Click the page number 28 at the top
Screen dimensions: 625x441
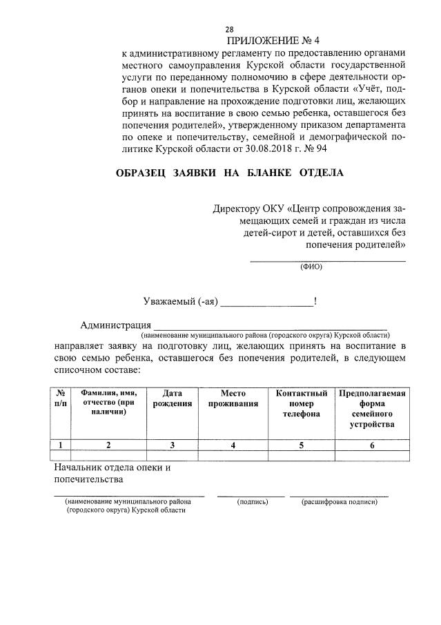click(x=230, y=30)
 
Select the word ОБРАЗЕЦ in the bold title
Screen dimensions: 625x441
click(x=141, y=173)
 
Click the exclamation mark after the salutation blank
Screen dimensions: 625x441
click(x=315, y=300)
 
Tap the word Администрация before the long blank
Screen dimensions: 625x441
click(x=115, y=326)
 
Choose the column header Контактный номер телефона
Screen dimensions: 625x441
click(x=301, y=403)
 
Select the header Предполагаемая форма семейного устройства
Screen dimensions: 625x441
click(x=372, y=408)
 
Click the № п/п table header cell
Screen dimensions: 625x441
click(x=61, y=398)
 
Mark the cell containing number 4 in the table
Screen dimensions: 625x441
click(x=233, y=445)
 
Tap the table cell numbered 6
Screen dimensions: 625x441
click(x=372, y=445)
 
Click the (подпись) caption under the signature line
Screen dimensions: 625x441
click(x=252, y=502)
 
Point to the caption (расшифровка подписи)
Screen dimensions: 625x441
click(x=340, y=502)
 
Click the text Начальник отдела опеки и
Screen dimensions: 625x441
click(x=112, y=468)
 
